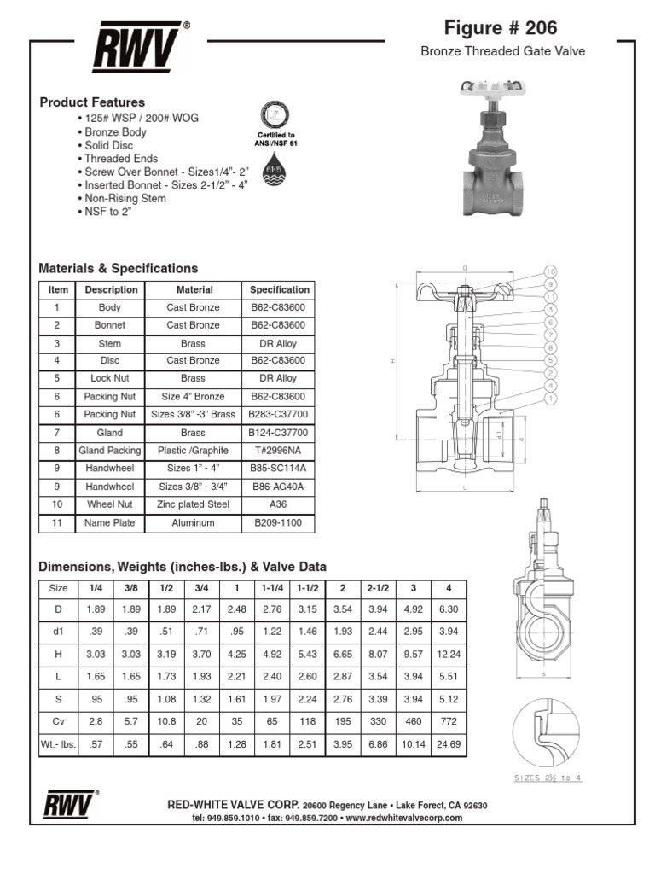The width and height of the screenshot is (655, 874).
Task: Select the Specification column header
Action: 279,290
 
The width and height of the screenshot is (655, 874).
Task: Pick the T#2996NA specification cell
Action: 279,451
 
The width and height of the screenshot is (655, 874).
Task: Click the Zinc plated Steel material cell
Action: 194,504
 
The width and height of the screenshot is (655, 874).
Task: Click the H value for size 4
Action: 448,654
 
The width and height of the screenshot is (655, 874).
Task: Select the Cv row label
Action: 59,720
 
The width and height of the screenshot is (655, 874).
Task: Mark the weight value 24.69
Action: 448,744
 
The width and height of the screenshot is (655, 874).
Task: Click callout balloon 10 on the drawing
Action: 551,271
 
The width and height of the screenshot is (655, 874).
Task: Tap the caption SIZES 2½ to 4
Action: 548,778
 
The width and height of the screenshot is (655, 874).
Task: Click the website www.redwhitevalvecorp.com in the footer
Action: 404,818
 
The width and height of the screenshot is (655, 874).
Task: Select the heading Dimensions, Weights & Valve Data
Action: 183,567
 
